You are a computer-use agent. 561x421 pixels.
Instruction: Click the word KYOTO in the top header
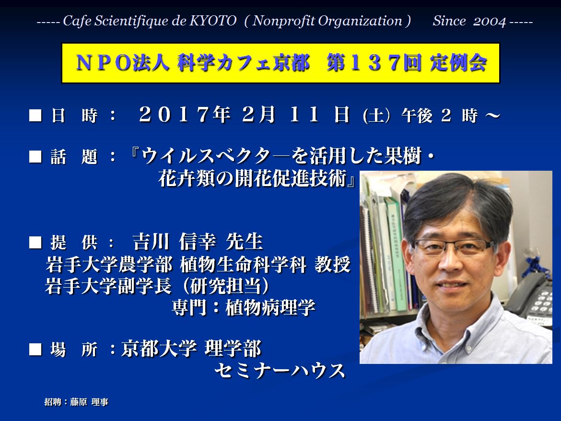(213, 21)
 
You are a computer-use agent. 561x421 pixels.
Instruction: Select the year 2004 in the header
(490, 21)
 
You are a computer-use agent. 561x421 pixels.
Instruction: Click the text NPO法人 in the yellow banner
(122, 63)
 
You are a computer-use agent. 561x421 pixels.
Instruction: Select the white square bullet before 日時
(35, 116)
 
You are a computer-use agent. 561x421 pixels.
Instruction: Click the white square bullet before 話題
(35, 157)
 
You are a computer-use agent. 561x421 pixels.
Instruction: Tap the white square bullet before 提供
(35, 242)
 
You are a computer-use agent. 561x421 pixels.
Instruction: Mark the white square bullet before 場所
(35, 349)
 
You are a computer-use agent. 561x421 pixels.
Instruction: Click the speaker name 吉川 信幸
(174, 242)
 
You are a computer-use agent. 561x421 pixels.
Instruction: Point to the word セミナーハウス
(280, 371)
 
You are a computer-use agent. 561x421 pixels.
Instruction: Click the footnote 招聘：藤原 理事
(76, 402)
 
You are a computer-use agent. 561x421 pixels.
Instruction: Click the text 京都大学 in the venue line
(159, 349)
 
